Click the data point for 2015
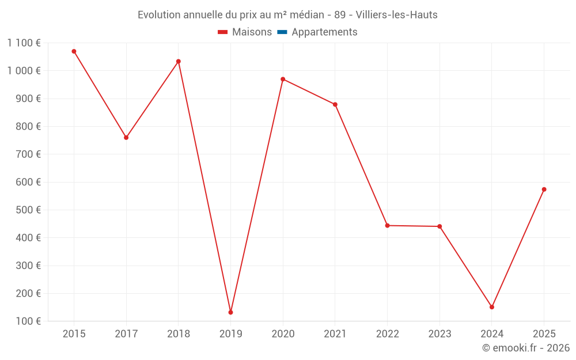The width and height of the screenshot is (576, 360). point(74,51)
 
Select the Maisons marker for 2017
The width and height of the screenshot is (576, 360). point(126,138)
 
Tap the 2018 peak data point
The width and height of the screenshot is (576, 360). point(179,61)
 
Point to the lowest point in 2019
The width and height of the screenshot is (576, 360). point(230,312)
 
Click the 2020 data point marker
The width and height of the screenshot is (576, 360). point(283,79)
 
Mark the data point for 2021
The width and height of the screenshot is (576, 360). point(335,104)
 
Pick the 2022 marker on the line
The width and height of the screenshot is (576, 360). point(387,225)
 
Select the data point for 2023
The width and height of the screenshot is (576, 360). point(439,226)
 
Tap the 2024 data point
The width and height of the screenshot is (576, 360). point(492,307)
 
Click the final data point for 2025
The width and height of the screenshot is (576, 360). point(544,190)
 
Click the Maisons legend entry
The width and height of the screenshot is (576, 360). point(245,32)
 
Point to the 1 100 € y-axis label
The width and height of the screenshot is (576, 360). point(24,43)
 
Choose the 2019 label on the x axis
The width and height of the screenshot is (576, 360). point(230,334)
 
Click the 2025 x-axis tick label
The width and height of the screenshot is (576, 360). point(544,334)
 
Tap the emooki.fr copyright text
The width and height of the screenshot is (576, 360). point(526,348)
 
